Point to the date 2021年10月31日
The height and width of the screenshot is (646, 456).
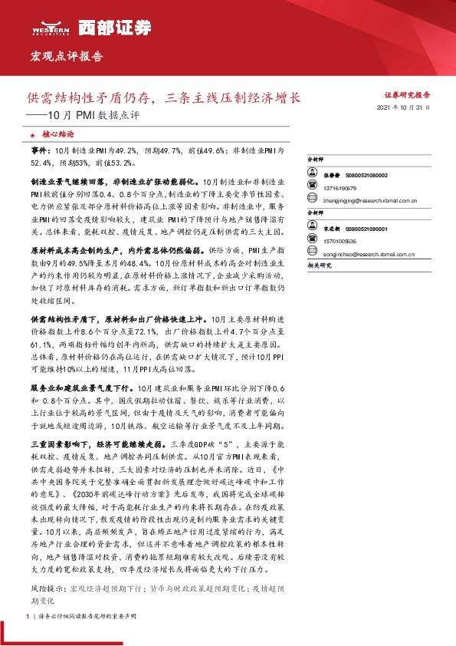click(x=408, y=109)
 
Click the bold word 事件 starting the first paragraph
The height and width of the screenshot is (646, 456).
click(x=39, y=152)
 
